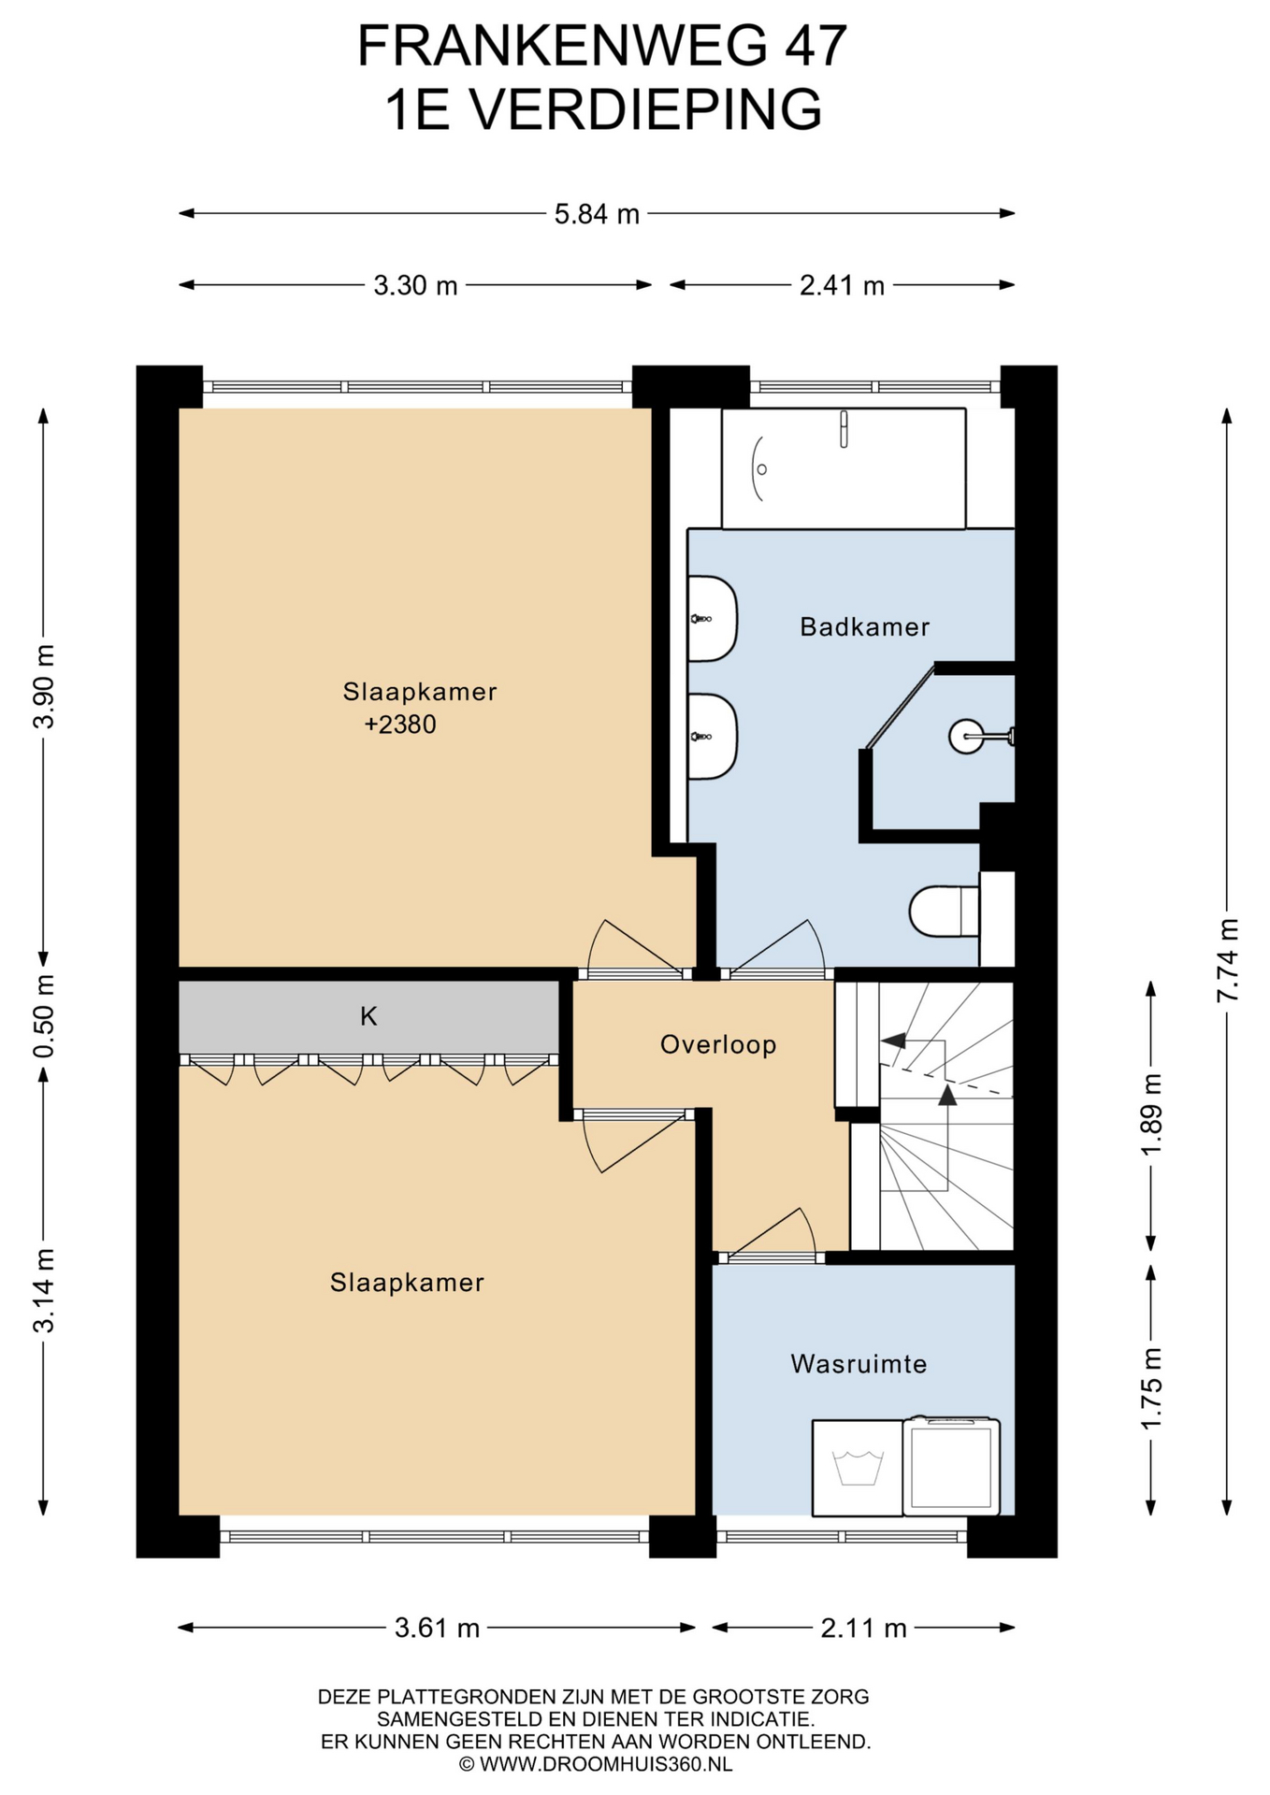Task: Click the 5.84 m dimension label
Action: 597,214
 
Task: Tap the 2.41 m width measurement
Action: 842,285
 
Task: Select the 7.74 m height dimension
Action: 1227,959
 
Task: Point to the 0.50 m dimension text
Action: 43,1015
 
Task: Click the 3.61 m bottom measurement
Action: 437,1628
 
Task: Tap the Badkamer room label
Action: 864,626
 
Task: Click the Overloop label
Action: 718,1044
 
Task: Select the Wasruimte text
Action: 859,1364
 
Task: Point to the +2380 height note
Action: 400,725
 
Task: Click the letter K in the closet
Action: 368,1016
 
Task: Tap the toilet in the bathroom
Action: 945,911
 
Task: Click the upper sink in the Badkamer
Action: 713,618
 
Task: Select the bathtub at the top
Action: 844,468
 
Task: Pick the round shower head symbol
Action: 965,737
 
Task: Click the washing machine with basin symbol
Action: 858,1467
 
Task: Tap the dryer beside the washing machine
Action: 951,1466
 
